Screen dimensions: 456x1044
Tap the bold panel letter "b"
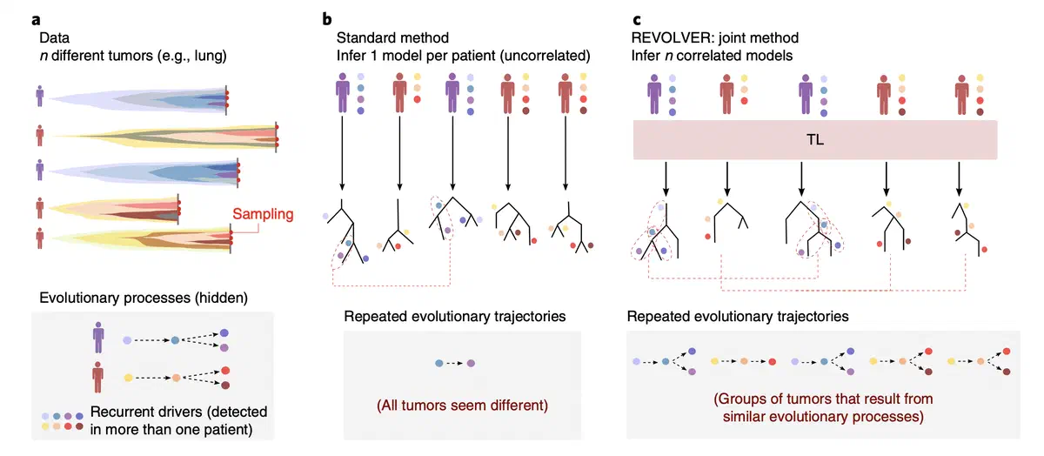(x=326, y=17)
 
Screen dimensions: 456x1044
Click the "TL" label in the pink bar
(x=816, y=140)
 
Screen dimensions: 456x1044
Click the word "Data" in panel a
(x=56, y=38)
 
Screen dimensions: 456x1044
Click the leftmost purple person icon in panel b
(x=342, y=93)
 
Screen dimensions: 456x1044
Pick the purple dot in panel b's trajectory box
(x=470, y=362)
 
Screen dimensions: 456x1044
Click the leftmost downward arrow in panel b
(x=342, y=153)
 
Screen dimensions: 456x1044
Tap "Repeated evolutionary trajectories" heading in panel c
(x=737, y=317)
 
